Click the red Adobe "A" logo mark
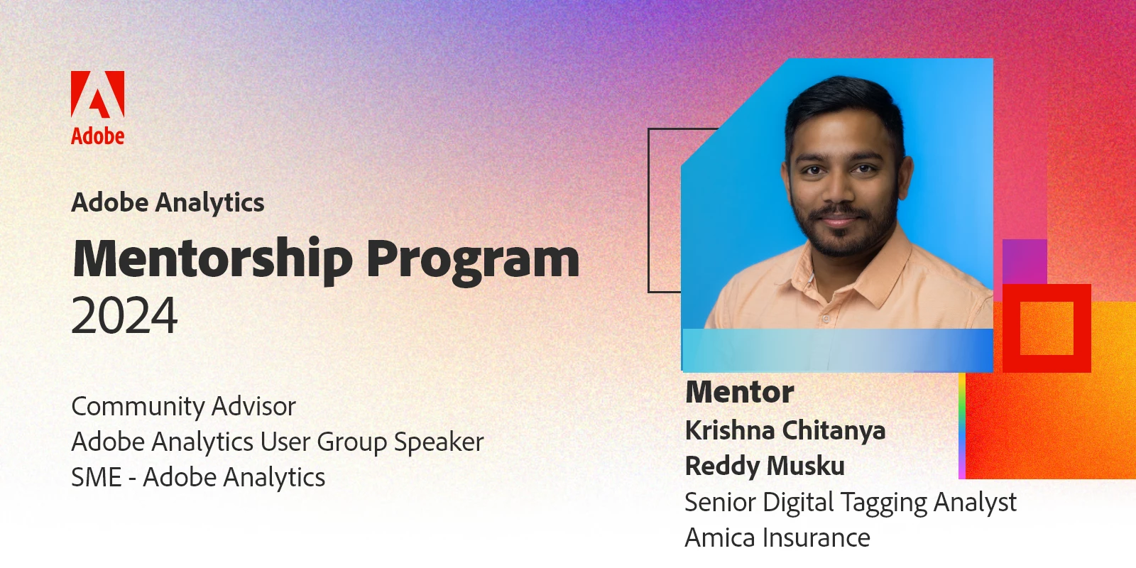coord(97,94)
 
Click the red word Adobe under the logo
coord(97,136)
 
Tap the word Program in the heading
coord(473,262)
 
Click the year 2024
coord(125,315)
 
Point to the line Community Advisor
coord(184,406)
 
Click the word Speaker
coord(439,442)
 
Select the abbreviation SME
coord(97,477)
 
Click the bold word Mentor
coord(739,392)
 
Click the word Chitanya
coord(834,430)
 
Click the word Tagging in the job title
coord(884,503)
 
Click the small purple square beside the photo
coord(1025,262)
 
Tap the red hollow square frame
coord(1047,293)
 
